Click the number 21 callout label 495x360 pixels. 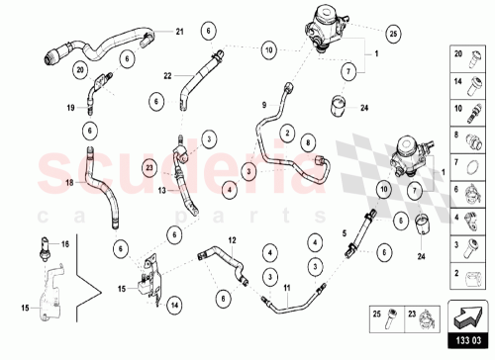click(x=180, y=33)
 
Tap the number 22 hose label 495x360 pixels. click(x=168, y=76)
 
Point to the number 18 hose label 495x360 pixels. click(x=68, y=183)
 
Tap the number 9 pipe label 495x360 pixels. click(x=265, y=105)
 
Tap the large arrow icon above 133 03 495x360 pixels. click(x=469, y=315)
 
